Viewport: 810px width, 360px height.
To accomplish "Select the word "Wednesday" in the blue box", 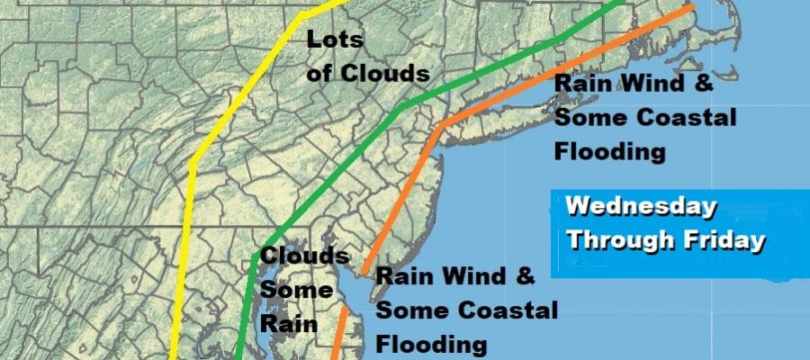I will coord(642,208).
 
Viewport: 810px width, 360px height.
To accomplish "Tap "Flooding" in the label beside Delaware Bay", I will coord(431,344).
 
